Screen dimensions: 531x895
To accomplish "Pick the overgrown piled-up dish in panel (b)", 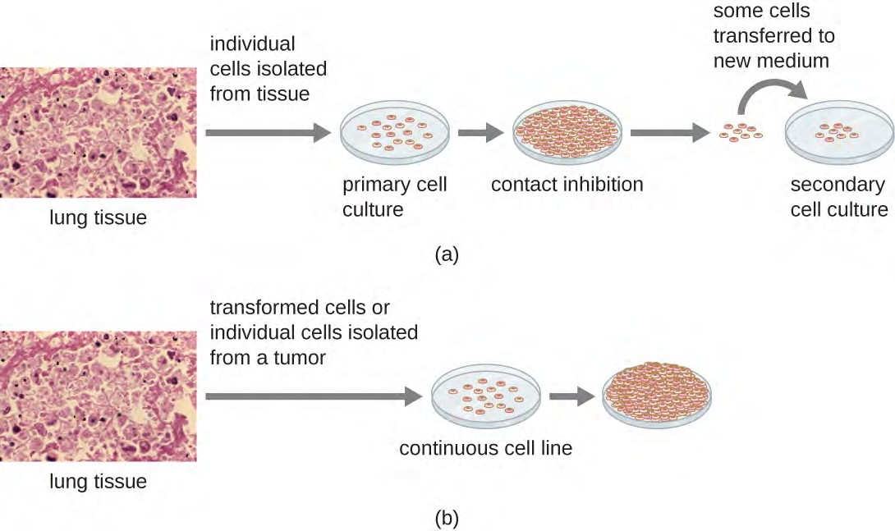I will tap(657, 394).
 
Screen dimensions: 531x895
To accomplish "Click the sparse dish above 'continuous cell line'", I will tap(485, 394).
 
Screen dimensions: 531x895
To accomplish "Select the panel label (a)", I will tap(447, 254).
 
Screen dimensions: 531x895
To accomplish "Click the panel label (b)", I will tap(447, 518).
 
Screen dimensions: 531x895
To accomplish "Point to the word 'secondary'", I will tap(838, 184).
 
